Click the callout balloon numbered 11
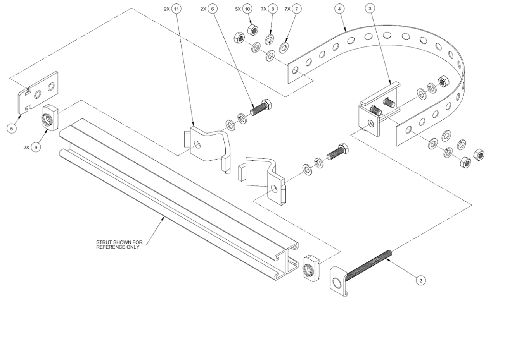click(176, 9)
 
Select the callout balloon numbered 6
click(213, 9)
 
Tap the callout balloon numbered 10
click(248, 9)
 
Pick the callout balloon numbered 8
click(273, 9)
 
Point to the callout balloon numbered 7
click(298, 9)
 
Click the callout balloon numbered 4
click(340, 9)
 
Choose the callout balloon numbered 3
click(370, 9)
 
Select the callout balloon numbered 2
click(420, 280)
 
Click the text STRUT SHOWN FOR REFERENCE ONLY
click(119, 245)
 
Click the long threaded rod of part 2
click(368, 264)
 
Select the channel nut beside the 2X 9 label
click(48, 118)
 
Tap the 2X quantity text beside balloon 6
click(203, 9)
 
